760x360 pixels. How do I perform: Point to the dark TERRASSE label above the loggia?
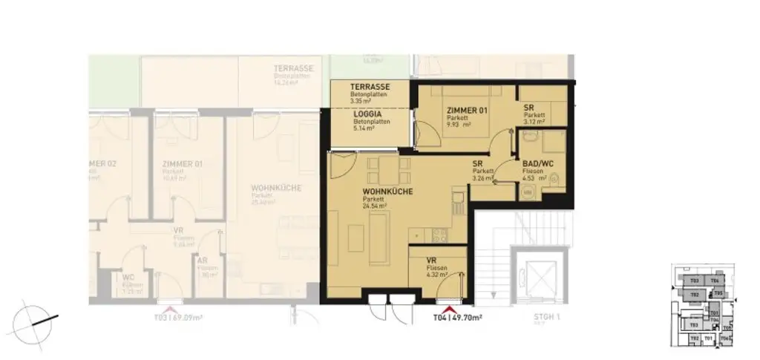click(x=370, y=87)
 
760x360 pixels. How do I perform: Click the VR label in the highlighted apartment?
click(x=431, y=261)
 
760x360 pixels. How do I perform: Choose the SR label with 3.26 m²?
click(x=479, y=166)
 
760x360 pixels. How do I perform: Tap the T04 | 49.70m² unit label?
click(x=458, y=318)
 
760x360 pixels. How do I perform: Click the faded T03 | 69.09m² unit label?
click(x=178, y=318)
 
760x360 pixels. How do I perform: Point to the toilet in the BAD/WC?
click(x=554, y=178)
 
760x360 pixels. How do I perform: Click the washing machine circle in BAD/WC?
click(x=528, y=191)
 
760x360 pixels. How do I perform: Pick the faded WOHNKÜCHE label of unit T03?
click(x=276, y=189)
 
